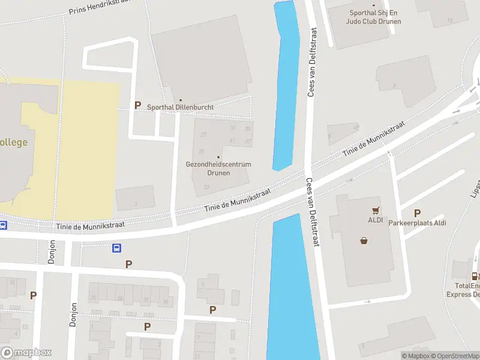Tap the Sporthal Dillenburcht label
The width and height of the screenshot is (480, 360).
click(x=181, y=107)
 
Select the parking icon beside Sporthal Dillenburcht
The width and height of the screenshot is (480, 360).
click(x=137, y=105)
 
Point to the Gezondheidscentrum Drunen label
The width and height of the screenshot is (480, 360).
click(x=218, y=168)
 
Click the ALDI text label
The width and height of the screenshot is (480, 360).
click(x=376, y=219)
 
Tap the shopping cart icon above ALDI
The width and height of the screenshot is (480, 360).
click(x=376, y=211)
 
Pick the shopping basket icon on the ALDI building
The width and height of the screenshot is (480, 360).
click(x=364, y=241)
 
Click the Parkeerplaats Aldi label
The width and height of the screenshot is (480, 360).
click(x=418, y=223)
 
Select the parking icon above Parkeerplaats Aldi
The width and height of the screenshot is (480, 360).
click(x=417, y=213)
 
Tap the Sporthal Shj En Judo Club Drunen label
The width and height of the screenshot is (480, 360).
click(x=373, y=17)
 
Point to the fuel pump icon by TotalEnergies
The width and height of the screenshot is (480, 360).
click(x=475, y=277)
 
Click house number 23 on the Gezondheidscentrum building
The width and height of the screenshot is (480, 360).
click(x=206, y=187)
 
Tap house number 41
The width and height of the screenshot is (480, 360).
click(x=232, y=140)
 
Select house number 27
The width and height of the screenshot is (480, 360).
click(x=203, y=134)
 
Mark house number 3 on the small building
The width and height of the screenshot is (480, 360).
click(x=136, y=204)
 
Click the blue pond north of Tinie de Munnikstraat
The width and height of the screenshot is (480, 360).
click(x=286, y=84)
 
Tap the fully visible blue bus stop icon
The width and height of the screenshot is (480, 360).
click(x=117, y=248)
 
